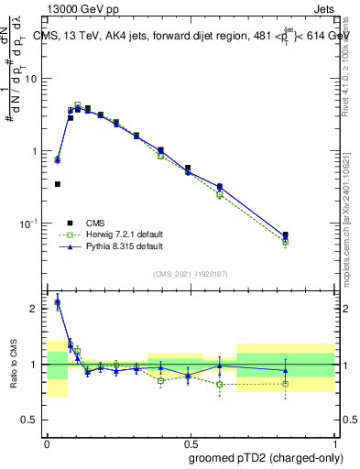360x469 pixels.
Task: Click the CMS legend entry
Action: point(96,223)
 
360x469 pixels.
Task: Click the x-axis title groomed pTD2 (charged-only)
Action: point(266,457)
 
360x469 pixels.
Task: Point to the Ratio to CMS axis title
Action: point(13,365)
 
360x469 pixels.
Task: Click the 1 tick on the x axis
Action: point(333,441)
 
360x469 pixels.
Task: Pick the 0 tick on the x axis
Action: point(47,441)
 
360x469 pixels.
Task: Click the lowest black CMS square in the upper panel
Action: point(58,184)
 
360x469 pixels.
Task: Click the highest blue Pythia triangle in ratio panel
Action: point(58,302)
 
